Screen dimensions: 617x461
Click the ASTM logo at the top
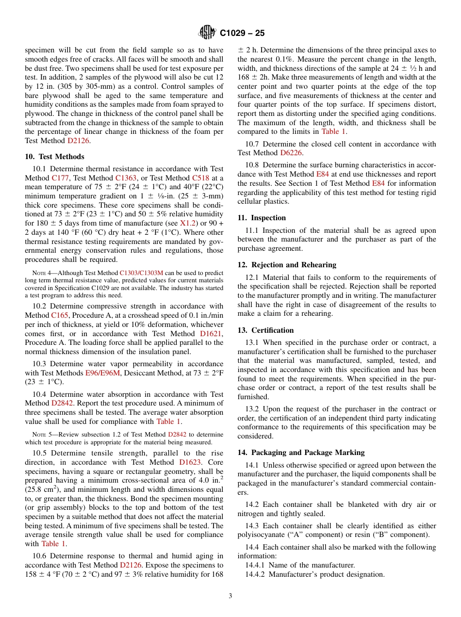207,33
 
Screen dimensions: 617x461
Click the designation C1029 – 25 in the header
242,33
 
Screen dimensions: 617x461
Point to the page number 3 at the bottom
230,596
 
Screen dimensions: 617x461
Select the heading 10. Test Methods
54,157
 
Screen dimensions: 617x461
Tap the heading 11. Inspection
262,218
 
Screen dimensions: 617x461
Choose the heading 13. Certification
265,330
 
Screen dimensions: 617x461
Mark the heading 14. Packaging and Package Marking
301,453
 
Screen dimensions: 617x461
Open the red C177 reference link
61,178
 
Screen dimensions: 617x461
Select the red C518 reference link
200,178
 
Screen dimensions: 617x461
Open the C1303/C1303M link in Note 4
141,273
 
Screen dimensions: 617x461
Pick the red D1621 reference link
211,333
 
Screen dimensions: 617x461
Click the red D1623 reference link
190,462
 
